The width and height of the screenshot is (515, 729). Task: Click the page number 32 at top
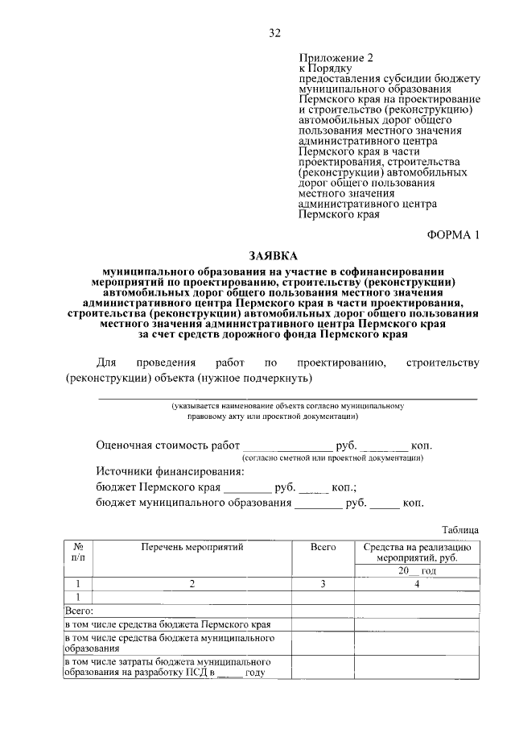[x=274, y=33]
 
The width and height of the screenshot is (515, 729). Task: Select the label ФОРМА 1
[x=453, y=234]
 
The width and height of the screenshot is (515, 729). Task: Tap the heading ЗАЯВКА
[x=274, y=255]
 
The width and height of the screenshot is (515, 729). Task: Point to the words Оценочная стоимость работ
[x=167, y=445]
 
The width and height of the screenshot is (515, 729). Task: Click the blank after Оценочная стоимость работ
[x=286, y=445]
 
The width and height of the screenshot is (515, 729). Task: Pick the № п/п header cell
[x=78, y=552]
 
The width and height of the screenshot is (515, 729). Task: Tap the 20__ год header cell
[x=417, y=570]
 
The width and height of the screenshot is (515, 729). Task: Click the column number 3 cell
[x=323, y=584]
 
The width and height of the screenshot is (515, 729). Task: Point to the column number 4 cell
[x=417, y=584]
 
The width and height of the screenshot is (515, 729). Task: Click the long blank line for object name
[x=287, y=397]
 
